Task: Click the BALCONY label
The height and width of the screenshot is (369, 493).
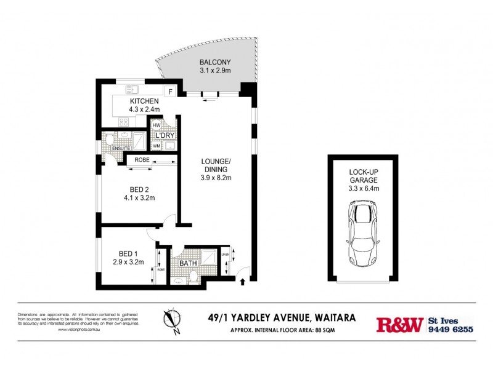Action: [x=214, y=62]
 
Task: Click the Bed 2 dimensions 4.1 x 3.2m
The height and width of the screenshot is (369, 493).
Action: [x=139, y=198]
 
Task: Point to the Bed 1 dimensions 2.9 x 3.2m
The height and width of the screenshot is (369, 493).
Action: [x=129, y=262]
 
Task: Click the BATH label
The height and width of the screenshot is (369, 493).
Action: [x=187, y=263]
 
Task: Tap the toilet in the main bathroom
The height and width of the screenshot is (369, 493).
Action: [x=193, y=278]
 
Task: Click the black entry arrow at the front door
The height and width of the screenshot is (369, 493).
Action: [x=242, y=282]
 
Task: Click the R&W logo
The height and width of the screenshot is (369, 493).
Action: [x=399, y=324]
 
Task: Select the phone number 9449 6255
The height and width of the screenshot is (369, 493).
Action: [x=450, y=329]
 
